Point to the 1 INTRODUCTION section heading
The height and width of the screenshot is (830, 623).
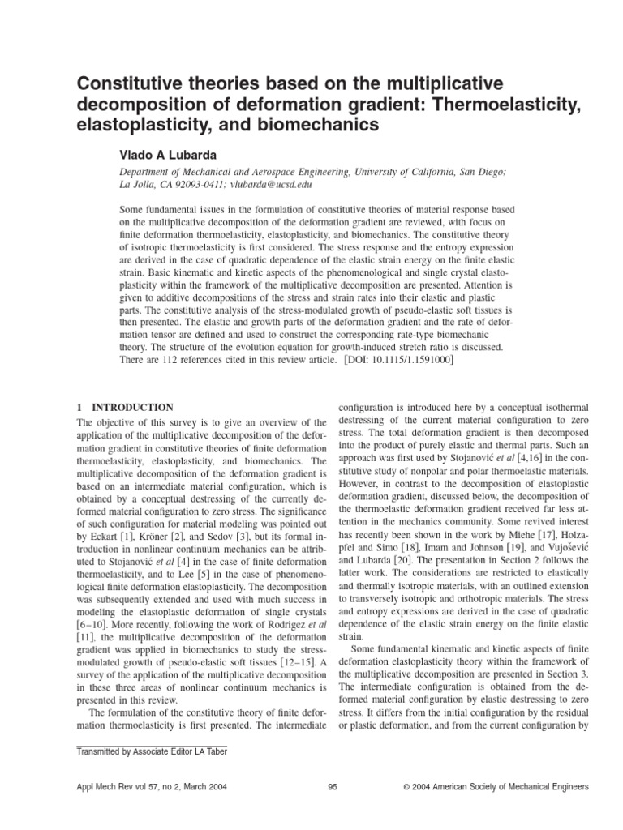pyautogui.click(x=125, y=408)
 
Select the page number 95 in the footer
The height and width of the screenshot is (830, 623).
pyautogui.click(x=333, y=787)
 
